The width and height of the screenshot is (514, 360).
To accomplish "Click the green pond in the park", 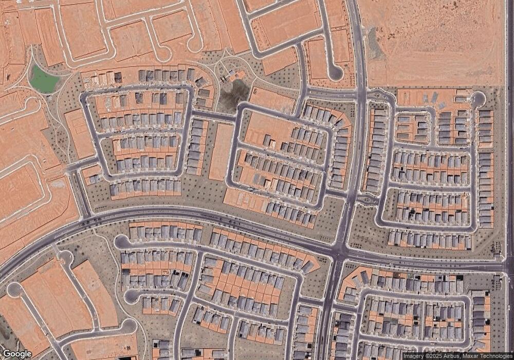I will click(44, 80).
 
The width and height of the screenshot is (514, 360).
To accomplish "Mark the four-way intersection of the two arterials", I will click(339, 252).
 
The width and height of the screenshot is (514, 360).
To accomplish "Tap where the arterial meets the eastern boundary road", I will click(508, 267).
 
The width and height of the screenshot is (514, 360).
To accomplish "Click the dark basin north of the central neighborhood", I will click(234, 95).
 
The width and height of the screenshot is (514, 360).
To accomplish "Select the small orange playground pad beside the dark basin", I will click(237, 76).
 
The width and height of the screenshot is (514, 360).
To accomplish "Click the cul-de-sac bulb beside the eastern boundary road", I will click(479, 98).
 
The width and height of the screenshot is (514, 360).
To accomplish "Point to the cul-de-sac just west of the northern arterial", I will click(335, 73).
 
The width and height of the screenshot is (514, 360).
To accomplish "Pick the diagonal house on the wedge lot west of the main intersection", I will click(307, 266).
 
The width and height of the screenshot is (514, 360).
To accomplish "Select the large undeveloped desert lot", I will click(437, 41).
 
